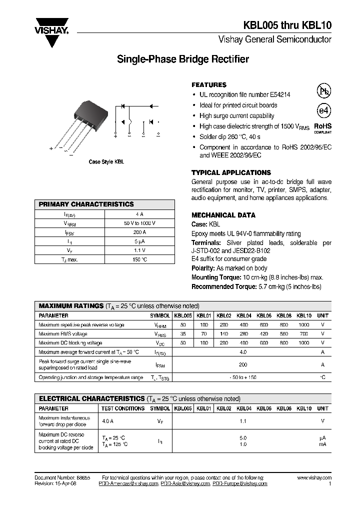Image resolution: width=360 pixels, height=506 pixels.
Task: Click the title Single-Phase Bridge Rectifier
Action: (x=182, y=59)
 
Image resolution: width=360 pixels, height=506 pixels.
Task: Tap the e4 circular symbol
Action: (x=324, y=110)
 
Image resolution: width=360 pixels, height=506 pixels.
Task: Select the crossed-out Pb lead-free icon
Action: (x=324, y=90)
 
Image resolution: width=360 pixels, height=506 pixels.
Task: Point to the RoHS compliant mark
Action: (x=322, y=128)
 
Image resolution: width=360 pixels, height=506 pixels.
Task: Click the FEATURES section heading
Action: (x=209, y=85)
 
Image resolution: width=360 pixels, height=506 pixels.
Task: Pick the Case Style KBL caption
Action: (x=106, y=162)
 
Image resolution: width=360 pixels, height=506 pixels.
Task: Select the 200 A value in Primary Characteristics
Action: (x=140, y=232)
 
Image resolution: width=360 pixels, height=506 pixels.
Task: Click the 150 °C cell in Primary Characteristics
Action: (x=140, y=259)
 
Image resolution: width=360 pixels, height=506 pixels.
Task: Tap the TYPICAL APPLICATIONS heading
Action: (x=231, y=172)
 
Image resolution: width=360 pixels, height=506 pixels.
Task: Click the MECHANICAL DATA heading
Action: (x=223, y=215)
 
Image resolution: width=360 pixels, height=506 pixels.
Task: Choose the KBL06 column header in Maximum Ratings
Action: (x=264, y=316)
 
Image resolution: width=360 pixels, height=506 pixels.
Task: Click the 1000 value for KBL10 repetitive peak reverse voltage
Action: (x=303, y=325)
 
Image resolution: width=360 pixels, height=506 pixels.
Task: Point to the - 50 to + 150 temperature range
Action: (x=243, y=377)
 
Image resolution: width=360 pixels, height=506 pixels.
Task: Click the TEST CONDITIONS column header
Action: (x=123, y=408)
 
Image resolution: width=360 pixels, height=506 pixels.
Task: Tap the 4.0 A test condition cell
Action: (x=108, y=421)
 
